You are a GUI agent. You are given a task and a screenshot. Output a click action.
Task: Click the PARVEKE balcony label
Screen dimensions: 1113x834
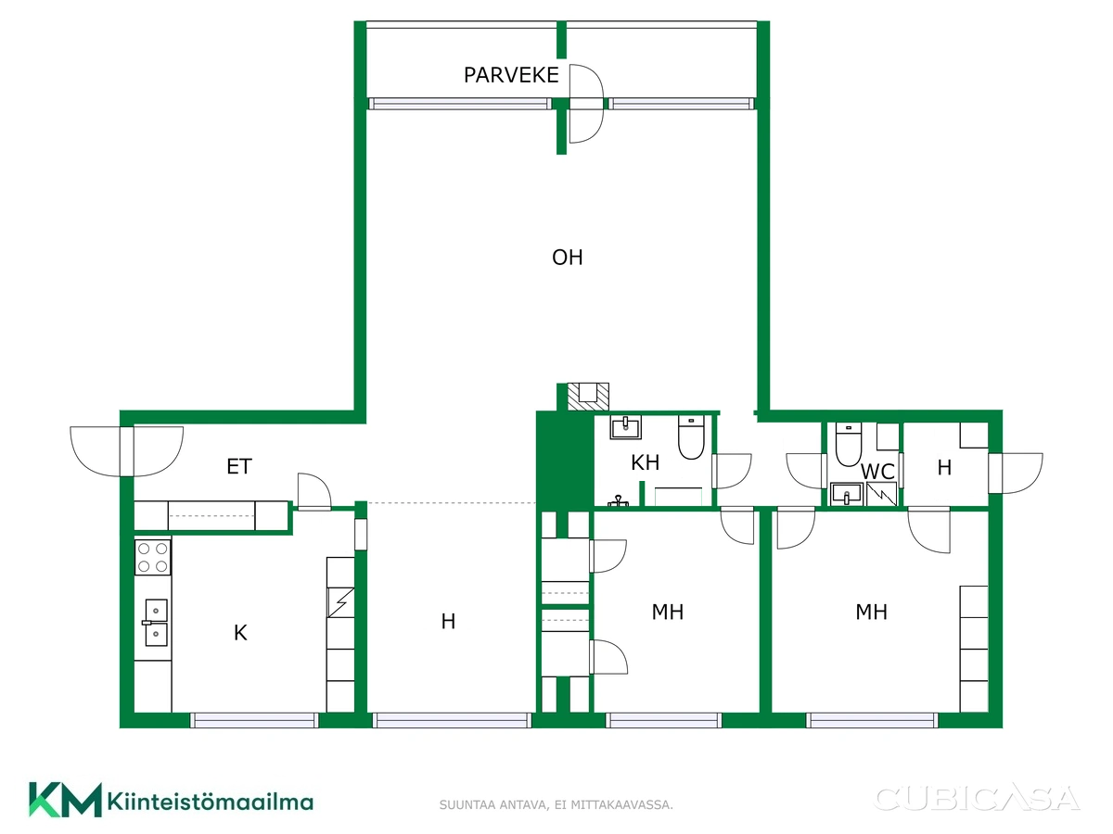coord(511,75)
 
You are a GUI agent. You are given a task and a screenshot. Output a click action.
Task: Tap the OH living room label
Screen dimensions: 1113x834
coord(568,258)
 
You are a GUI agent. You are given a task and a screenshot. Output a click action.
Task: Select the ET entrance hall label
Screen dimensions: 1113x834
coord(238,466)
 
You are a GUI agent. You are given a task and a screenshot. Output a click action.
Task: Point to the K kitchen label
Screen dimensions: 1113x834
coord(240,633)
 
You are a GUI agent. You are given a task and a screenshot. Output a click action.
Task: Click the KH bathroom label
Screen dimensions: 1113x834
coord(645,462)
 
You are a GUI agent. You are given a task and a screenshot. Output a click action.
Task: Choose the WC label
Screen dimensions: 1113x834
coord(877,472)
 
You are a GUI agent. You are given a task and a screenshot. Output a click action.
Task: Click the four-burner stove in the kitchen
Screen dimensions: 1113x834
coord(153,557)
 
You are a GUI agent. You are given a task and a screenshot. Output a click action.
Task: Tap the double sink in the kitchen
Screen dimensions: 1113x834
coord(156,623)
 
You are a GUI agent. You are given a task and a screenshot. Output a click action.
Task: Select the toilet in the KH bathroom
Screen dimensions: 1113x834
coord(691,437)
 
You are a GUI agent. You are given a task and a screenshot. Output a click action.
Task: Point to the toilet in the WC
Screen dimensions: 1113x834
coord(849,444)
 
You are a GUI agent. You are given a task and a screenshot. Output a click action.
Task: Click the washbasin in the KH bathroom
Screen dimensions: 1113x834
coord(626,427)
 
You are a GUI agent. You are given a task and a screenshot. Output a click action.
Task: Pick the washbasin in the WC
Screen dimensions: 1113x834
coord(846,494)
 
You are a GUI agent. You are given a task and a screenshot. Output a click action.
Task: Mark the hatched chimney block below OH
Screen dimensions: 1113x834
coord(588,397)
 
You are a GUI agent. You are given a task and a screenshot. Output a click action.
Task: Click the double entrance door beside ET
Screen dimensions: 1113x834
coord(127,451)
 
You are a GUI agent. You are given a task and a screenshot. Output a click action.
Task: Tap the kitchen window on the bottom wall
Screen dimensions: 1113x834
coord(254,720)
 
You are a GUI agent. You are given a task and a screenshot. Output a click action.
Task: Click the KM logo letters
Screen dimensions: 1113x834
coord(66,800)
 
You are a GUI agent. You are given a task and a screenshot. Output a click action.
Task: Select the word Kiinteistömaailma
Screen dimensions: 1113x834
coord(211,802)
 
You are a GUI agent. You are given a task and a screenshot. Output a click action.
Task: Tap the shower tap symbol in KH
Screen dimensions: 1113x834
coord(618,500)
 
